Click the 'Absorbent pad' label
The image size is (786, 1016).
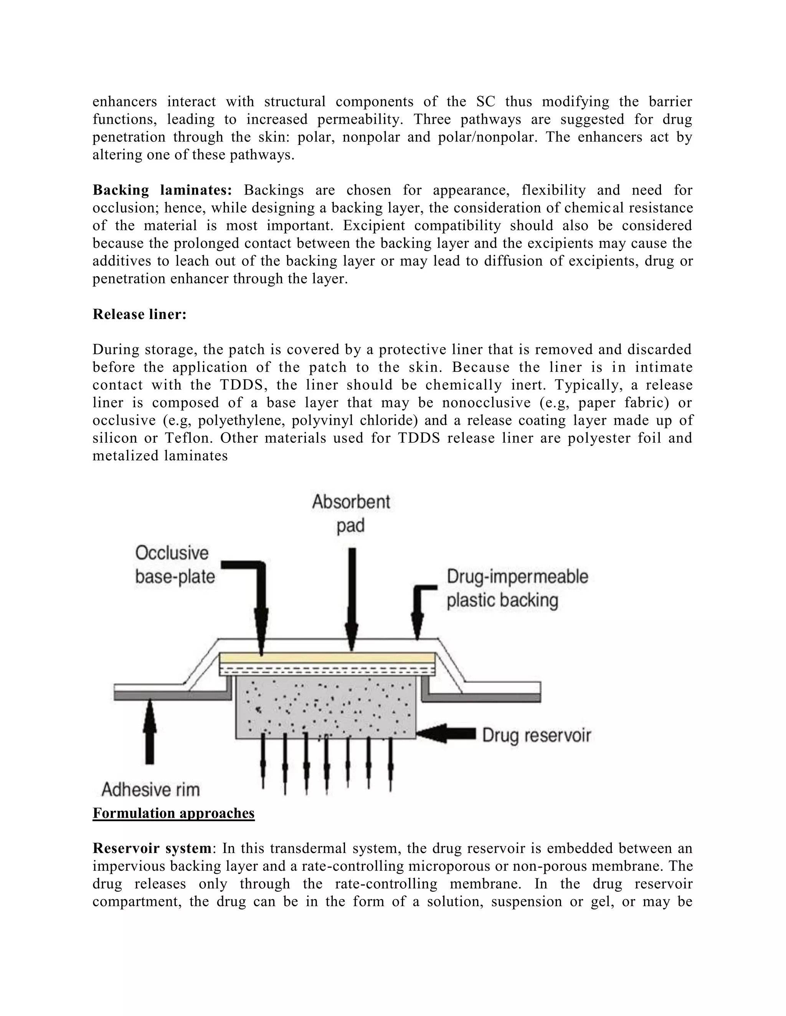pos(351,514)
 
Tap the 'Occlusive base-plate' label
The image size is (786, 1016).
pos(175,565)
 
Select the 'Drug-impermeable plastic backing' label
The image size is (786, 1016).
pos(517,588)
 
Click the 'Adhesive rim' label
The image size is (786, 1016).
pos(150,789)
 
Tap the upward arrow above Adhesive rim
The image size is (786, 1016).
pos(149,733)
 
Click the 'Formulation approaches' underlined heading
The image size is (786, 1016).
pos(173,813)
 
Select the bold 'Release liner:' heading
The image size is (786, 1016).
pos(139,314)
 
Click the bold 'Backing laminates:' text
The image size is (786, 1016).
pos(162,190)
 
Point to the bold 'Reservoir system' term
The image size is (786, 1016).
pos(152,848)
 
